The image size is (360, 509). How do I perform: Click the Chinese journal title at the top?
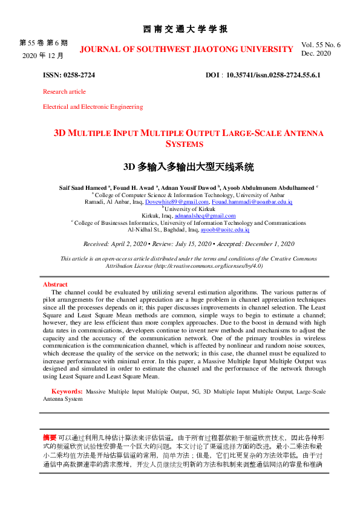(x=186, y=29)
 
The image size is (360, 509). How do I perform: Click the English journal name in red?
(x=186, y=49)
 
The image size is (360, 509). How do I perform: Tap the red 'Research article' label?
(x=64, y=92)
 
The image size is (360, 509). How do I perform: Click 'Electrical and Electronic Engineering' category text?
(x=93, y=107)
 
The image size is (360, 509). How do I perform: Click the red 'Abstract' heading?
(x=55, y=284)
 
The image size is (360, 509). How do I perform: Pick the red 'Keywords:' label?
(x=67, y=392)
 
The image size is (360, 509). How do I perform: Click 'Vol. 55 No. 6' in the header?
(x=321, y=45)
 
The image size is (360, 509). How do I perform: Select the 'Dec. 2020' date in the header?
(x=316, y=53)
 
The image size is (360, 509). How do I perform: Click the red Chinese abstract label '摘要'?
(x=50, y=436)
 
